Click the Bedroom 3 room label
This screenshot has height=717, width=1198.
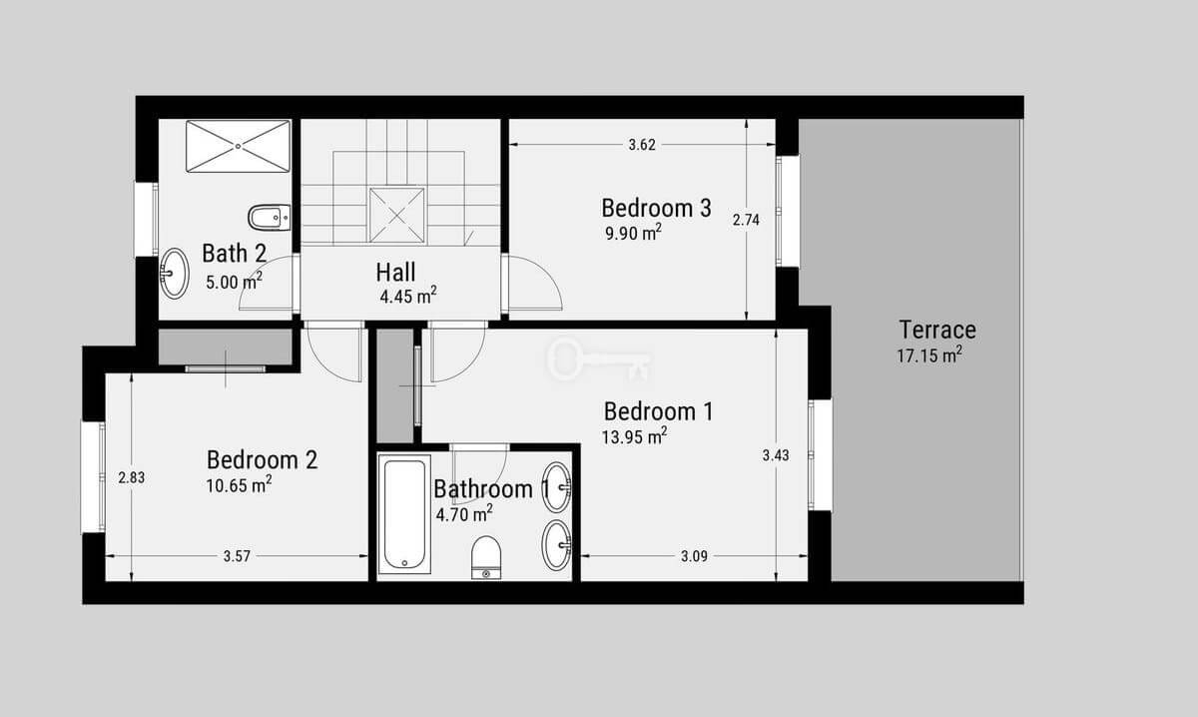click(x=656, y=208)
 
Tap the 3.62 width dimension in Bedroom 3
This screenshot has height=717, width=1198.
click(x=642, y=145)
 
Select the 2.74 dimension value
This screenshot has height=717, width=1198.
click(x=746, y=220)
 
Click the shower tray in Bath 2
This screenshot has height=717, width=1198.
click(x=238, y=146)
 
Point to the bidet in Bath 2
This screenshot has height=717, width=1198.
click(x=269, y=218)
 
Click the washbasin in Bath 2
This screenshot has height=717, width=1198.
click(x=174, y=273)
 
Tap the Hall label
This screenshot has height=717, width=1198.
click(x=395, y=273)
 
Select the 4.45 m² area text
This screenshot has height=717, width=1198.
click(x=408, y=296)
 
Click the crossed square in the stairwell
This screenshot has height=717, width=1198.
click(x=396, y=215)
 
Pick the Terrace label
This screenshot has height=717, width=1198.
click(x=937, y=330)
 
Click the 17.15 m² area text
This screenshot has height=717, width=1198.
click(x=929, y=356)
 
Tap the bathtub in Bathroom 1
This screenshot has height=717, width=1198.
click(x=404, y=513)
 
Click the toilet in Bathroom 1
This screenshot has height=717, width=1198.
click(x=486, y=557)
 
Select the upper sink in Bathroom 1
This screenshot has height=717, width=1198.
click(x=557, y=487)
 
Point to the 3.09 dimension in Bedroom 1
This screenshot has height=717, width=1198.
click(x=694, y=556)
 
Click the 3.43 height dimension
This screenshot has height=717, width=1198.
click(x=776, y=455)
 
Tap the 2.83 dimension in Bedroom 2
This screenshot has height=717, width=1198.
click(x=132, y=477)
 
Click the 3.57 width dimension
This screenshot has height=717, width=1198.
click(x=237, y=556)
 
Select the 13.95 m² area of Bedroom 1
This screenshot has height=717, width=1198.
click(x=634, y=437)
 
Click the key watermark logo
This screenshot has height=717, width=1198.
click(x=599, y=359)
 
